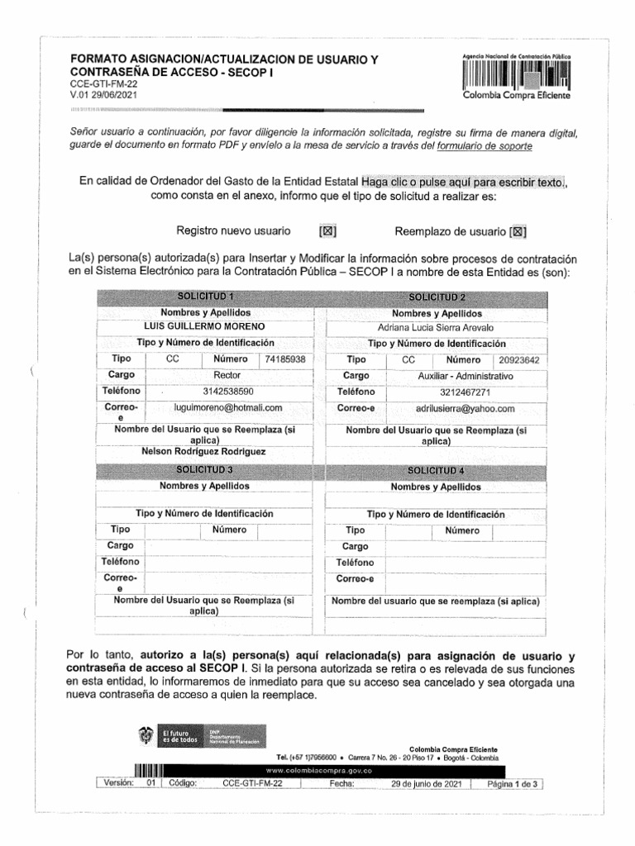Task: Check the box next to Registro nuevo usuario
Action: pyautogui.click(x=327, y=232)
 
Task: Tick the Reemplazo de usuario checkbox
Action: pyautogui.click(x=519, y=232)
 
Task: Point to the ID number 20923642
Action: pyautogui.click(x=519, y=360)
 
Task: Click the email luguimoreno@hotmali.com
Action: pyautogui.click(x=228, y=407)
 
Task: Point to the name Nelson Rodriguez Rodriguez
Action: pyautogui.click(x=203, y=452)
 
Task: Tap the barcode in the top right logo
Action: pyautogui.click(x=518, y=76)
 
